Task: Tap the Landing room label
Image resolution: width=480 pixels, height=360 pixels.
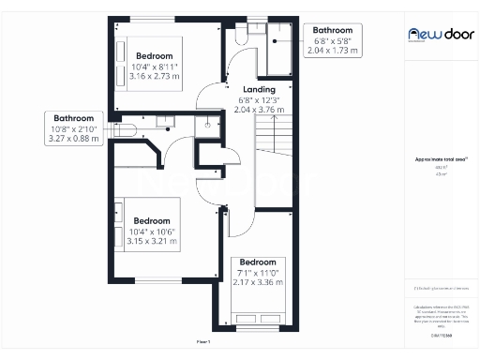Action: (x=260, y=88)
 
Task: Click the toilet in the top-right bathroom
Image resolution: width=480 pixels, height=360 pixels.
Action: (x=241, y=34)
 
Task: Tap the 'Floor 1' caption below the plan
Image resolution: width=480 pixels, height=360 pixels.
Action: (x=203, y=342)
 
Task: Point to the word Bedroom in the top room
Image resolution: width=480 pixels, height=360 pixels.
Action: (x=154, y=55)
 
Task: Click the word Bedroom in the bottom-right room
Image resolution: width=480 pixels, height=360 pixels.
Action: (x=258, y=262)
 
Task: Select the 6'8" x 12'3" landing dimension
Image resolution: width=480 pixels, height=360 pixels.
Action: (x=260, y=99)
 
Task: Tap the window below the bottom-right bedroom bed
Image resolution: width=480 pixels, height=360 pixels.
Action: (x=258, y=329)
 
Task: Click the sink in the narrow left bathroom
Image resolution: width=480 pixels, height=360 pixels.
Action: (x=163, y=119)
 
